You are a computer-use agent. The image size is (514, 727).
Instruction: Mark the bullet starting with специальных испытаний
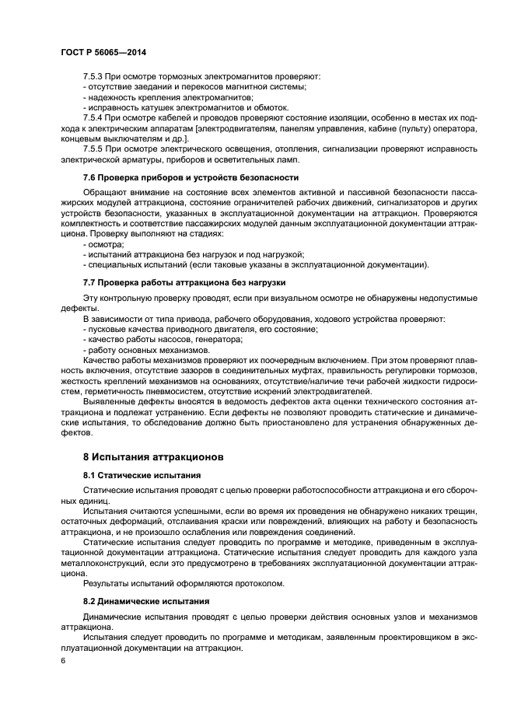point(255,264)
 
